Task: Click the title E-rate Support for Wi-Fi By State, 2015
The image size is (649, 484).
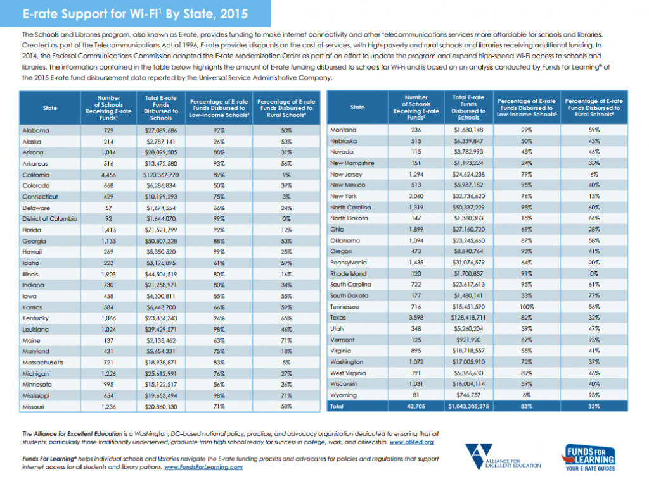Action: (x=136, y=14)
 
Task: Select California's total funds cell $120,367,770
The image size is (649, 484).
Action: (x=161, y=175)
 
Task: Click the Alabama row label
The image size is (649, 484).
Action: (x=36, y=130)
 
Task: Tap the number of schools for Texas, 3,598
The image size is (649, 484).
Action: (x=416, y=318)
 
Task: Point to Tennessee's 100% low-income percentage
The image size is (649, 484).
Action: (x=527, y=307)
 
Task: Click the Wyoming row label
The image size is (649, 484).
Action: (x=344, y=395)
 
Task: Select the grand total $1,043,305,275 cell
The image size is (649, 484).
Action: (x=468, y=406)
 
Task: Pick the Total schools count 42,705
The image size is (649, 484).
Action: (x=416, y=406)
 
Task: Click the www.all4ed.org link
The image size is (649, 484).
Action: (x=411, y=442)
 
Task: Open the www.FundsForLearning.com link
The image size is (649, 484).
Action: (x=203, y=467)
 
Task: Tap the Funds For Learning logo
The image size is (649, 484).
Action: (x=589, y=457)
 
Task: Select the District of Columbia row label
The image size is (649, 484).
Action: (x=49, y=219)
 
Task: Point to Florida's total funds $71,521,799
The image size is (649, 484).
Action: (x=161, y=230)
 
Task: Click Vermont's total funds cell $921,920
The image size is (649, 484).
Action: (x=468, y=340)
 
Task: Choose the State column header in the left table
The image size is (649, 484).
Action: (x=50, y=108)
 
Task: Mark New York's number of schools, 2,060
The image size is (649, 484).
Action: (x=416, y=196)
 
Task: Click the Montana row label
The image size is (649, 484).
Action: (x=343, y=130)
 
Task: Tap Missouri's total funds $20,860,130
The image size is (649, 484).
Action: (x=161, y=407)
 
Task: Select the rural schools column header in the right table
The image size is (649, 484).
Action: (x=594, y=108)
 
